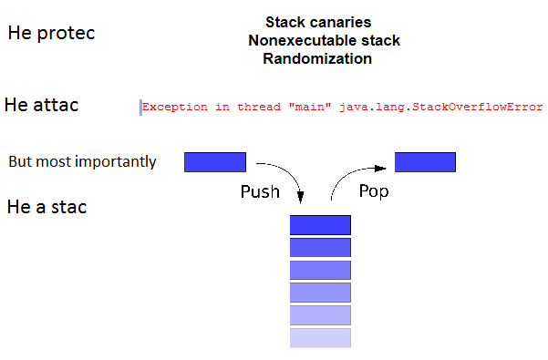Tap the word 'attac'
pos(56,105)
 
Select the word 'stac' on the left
pos(69,207)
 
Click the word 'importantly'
pos(116,162)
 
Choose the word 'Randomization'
pos(317,58)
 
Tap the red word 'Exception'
pos(175,107)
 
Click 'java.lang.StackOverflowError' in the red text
pos(441,107)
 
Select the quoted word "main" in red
pos(310,107)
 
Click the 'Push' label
pos(260,191)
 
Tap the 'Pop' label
pos(374,191)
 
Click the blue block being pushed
pos(215,162)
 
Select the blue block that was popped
pos(425,162)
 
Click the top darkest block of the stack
pos(320,225)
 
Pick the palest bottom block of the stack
pos(320,338)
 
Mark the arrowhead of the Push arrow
pos(301,197)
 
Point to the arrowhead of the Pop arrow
pos(380,169)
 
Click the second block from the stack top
pos(320,248)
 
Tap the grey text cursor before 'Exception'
pos(140,108)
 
